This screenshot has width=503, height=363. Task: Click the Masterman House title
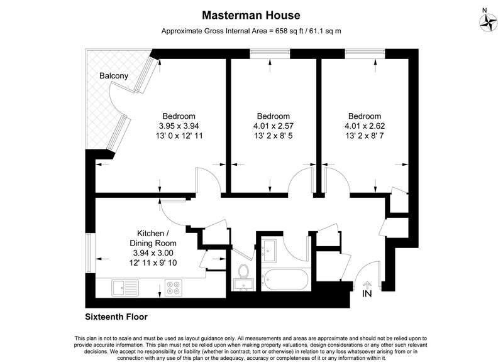(x=251, y=15)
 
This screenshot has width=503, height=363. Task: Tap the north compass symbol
(x=489, y=23)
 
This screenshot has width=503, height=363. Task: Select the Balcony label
(x=114, y=76)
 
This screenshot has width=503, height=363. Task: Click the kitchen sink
(x=125, y=288)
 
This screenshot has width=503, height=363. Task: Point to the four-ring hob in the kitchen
(x=174, y=288)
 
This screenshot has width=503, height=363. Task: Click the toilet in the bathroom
(x=244, y=271)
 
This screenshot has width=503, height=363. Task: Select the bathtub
(x=285, y=279)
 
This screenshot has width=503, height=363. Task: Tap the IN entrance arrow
(x=367, y=286)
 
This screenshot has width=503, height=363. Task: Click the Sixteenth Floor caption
(x=116, y=317)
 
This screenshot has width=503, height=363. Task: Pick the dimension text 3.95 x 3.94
(x=179, y=126)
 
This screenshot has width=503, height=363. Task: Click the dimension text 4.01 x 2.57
(x=274, y=126)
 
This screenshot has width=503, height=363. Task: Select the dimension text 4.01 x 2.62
(x=365, y=126)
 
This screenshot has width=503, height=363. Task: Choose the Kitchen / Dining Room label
(x=153, y=238)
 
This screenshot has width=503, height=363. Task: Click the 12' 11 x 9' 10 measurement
(x=153, y=263)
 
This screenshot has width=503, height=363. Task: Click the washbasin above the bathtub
(x=269, y=251)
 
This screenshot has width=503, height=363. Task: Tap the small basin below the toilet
(x=244, y=285)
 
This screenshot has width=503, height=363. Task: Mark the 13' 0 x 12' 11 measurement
(x=179, y=136)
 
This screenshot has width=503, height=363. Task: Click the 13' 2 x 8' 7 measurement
(x=365, y=136)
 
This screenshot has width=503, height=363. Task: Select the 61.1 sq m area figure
(x=325, y=31)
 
